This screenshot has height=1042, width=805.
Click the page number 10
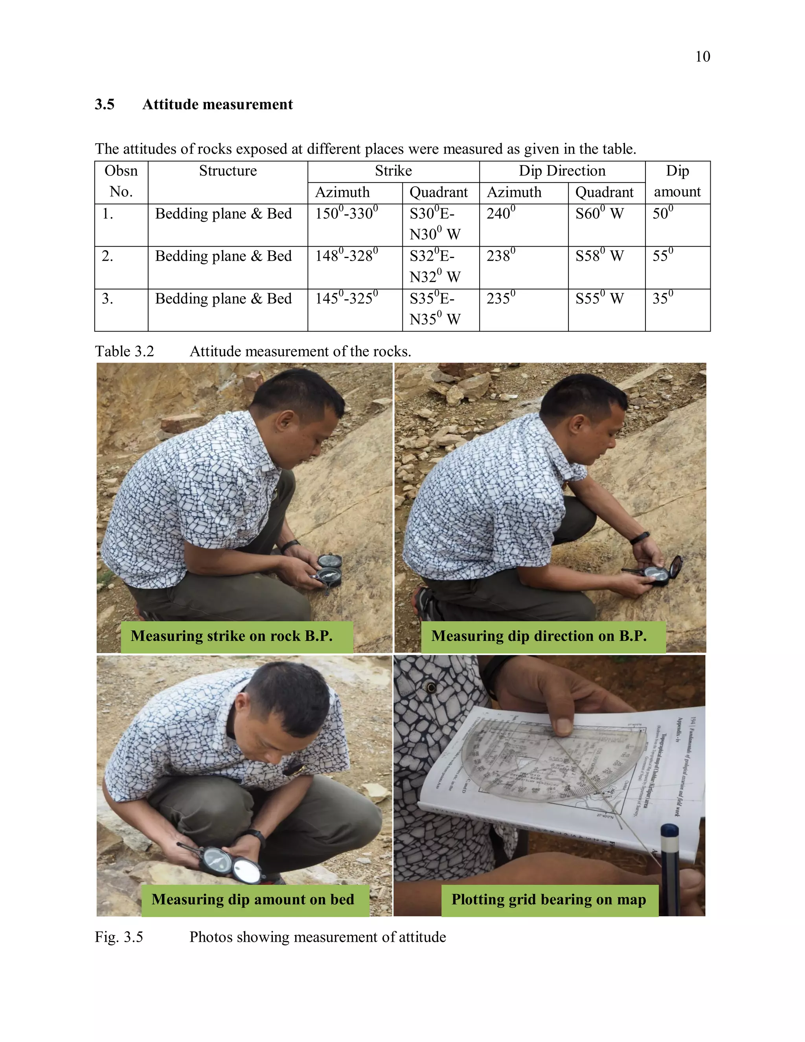[702, 57]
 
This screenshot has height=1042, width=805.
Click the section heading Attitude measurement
[217, 105]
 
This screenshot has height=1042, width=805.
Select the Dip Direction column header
[562, 171]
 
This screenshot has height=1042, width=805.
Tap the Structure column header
[228, 171]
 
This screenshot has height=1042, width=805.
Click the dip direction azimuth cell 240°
[501, 213]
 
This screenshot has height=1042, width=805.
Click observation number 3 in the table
[107, 299]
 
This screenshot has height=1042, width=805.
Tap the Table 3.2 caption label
[125, 351]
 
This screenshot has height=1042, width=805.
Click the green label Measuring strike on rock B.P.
[232, 636]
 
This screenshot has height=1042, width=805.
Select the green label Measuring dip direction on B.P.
[539, 636]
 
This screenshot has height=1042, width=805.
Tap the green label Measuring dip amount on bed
[253, 899]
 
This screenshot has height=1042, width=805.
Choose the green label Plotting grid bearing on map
[548, 899]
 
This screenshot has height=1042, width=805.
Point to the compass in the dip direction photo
[660, 571]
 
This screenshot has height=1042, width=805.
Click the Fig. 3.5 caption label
[119, 937]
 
